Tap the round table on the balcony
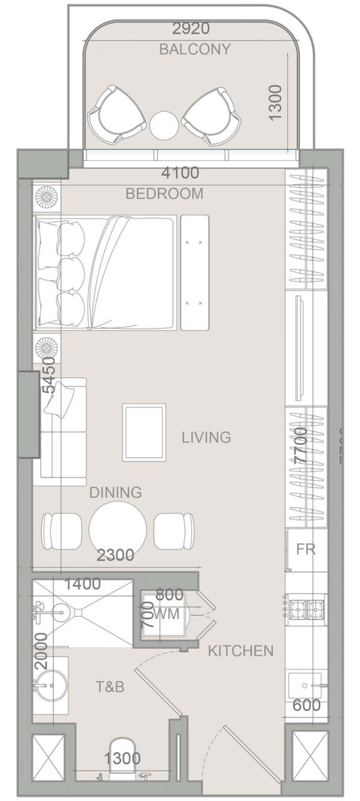(165, 125)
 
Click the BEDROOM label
(165, 194)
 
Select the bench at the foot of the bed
(195, 272)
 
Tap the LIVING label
(207, 437)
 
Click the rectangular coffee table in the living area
(144, 432)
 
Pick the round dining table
(118, 529)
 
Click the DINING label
(115, 492)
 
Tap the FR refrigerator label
(306, 550)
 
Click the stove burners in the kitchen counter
(306, 606)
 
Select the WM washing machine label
(167, 615)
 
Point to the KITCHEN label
(240, 651)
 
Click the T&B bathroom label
(110, 687)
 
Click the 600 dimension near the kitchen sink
(306, 705)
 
